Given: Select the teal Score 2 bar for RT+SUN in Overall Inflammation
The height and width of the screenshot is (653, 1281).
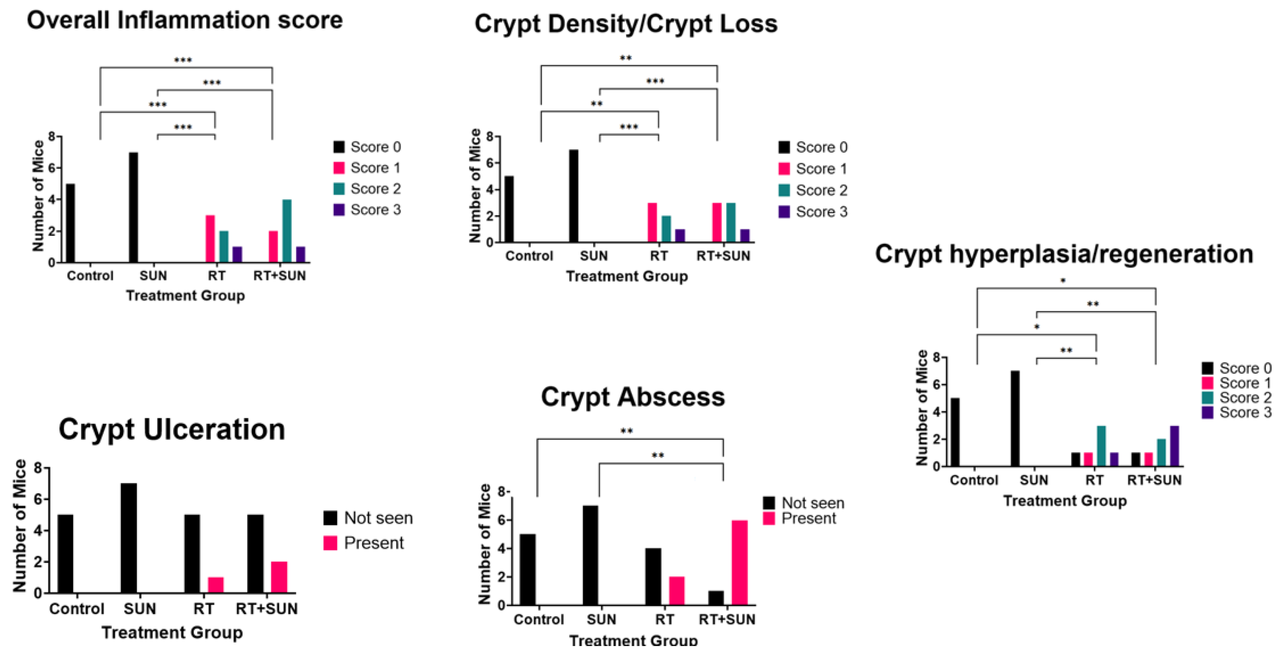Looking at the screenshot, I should tap(286, 231).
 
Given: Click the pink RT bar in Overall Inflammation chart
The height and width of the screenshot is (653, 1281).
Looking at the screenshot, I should tap(210, 239).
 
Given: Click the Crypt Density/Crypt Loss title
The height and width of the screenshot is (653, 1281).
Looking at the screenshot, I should tap(626, 24).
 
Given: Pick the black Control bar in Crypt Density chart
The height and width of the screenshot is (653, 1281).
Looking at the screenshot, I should tap(509, 209).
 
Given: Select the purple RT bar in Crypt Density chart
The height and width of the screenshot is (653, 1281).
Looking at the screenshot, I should tap(680, 236).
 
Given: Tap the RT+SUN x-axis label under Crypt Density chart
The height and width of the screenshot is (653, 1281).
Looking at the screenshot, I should tap(723, 256).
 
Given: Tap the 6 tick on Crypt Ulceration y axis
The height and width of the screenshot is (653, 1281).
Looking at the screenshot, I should tap(38, 499).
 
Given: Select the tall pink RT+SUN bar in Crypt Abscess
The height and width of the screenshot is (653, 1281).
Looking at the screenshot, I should tap(739, 563).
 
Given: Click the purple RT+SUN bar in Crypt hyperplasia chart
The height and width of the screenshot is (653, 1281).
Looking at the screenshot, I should tap(1174, 446).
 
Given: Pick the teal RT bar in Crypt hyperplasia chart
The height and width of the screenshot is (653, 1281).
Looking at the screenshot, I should tap(1101, 446).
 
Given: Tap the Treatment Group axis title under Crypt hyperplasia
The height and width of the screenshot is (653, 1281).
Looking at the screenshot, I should tap(1065, 501).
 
